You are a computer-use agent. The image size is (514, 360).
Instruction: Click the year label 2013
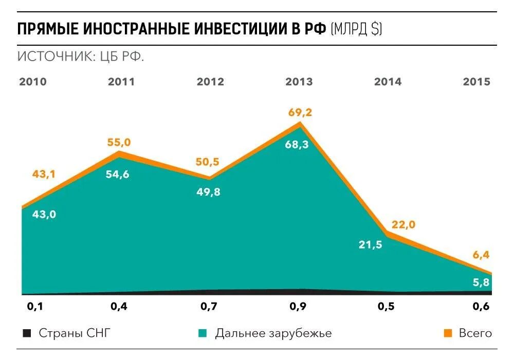299,82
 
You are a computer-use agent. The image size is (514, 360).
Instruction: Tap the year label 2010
33,82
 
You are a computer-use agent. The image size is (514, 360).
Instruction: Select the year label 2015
476,82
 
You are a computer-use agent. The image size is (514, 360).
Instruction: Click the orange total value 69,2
299,112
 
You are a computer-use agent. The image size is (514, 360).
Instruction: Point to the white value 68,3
297,145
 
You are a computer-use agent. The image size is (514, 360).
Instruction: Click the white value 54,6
118,174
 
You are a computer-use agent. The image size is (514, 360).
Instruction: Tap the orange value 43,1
44,175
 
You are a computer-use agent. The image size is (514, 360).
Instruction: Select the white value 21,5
370,244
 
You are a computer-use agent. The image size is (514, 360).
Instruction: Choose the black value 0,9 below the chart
298,307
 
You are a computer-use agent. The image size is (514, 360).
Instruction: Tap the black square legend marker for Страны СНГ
27,333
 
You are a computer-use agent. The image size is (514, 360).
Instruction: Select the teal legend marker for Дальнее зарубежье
203,333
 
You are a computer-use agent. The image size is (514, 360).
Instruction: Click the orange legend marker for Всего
448,333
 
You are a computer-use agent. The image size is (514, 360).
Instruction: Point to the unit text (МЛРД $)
357,28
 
